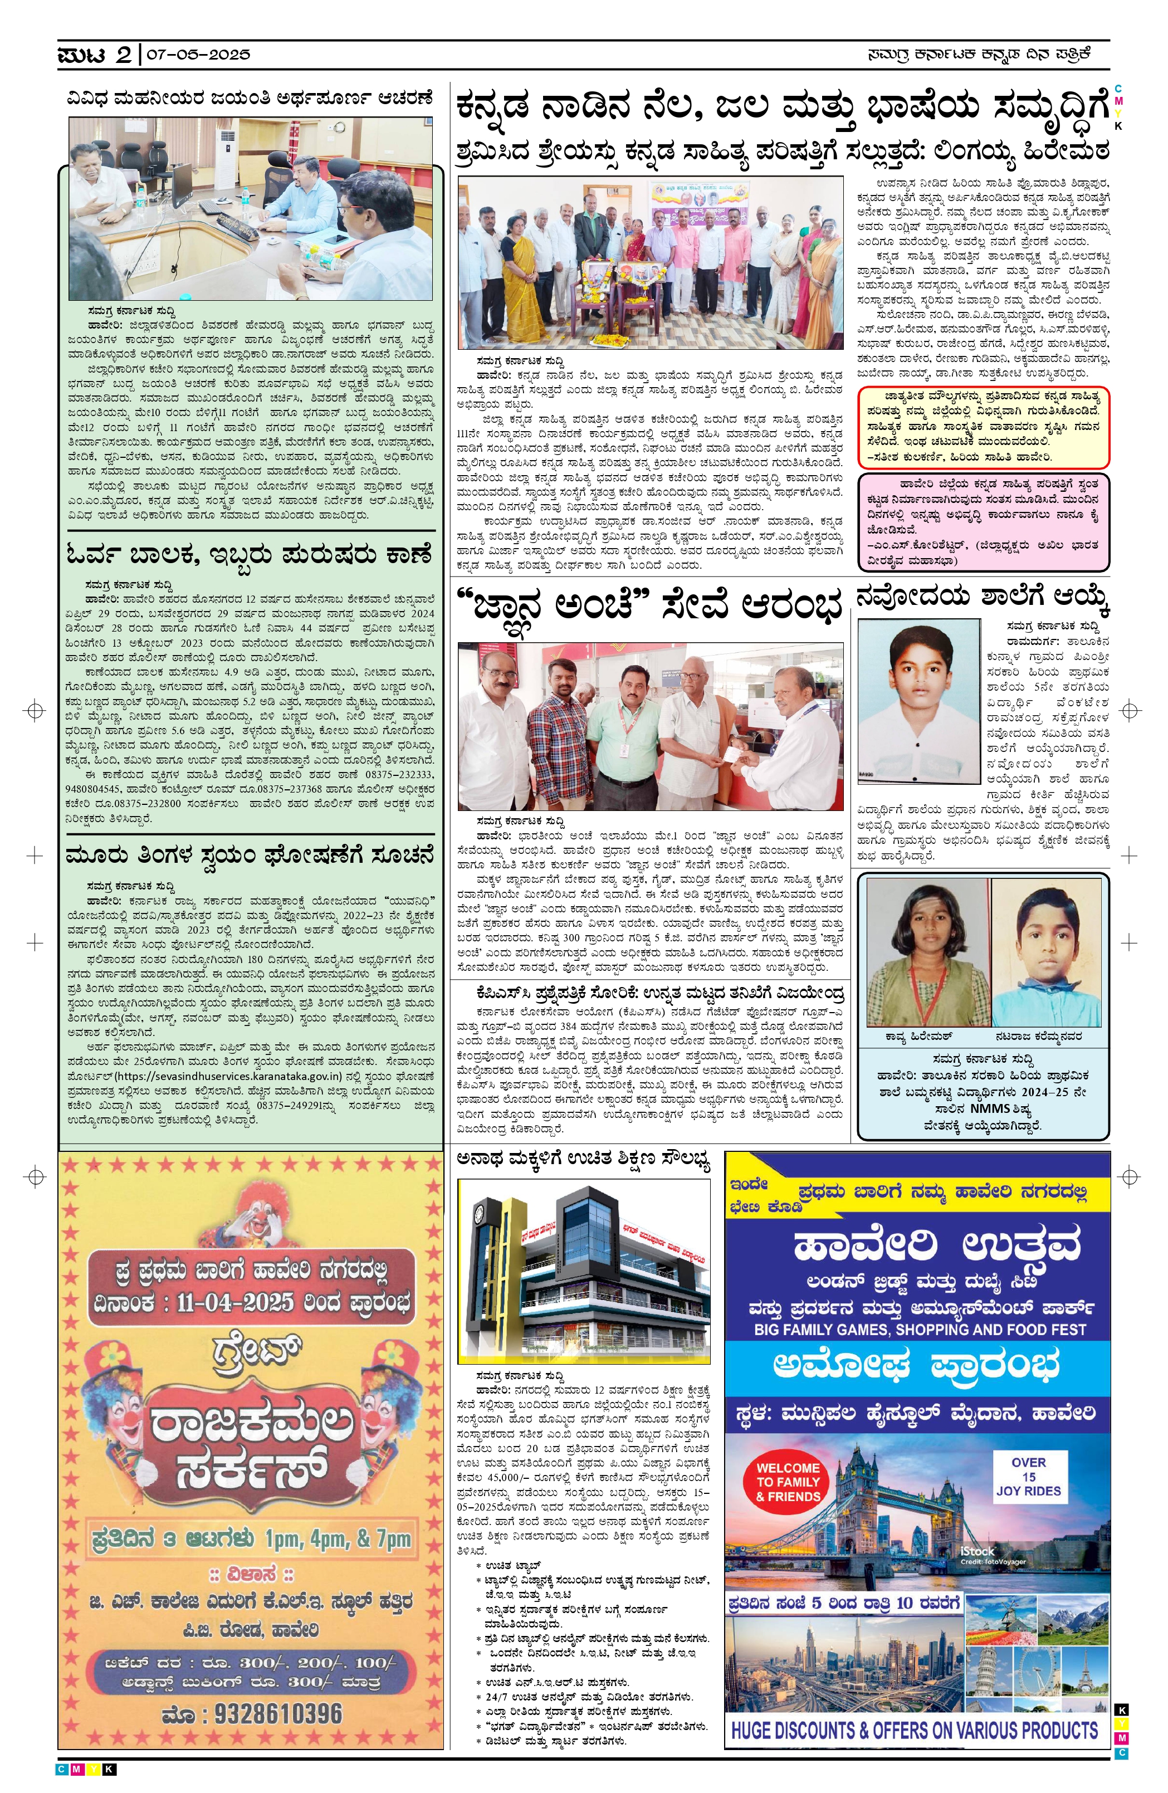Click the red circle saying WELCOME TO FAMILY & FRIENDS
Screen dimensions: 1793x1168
click(x=788, y=1482)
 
